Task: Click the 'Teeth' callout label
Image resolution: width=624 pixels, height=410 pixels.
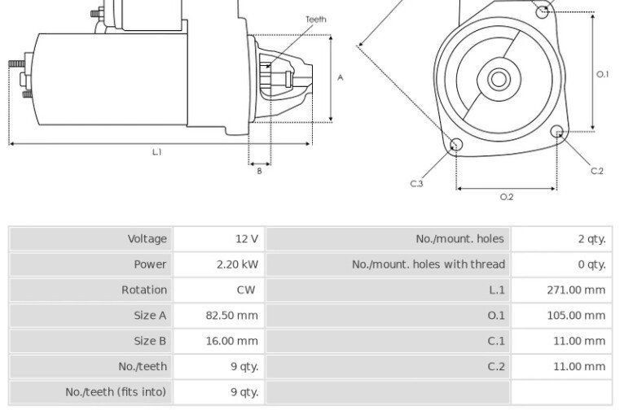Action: coord(316,19)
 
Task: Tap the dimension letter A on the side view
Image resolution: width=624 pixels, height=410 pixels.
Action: coord(341,77)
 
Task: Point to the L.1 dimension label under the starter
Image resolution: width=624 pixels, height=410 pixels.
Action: coord(157,152)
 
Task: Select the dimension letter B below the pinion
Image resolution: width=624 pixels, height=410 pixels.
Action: coord(260,171)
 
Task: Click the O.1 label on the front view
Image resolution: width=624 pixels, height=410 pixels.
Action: coord(603,74)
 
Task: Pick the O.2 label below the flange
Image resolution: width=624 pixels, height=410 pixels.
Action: coord(507,197)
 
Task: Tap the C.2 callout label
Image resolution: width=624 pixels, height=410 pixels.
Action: coord(597,171)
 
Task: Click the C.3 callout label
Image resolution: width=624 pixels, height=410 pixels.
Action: coord(416,184)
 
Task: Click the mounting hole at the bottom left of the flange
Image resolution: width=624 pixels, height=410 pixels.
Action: coord(456,144)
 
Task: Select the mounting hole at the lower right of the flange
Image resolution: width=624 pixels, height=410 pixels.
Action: coord(557,131)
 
